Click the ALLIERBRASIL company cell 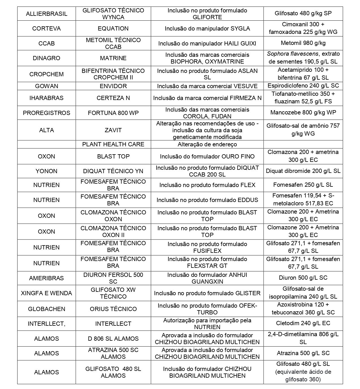click(x=47, y=14)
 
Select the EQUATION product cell click(x=113, y=29)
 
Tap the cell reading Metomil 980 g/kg click(x=303, y=43)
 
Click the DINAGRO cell click(x=47, y=58)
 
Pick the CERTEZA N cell click(x=113, y=98)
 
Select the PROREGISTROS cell click(x=47, y=113)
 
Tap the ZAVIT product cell click(x=113, y=130)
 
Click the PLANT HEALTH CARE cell click(x=113, y=144)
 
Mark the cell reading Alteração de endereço click(x=207, y=144)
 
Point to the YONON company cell click(x=47, y=171)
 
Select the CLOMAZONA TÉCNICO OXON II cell click(x=113, y=232)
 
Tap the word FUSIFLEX click(x=207, y=251)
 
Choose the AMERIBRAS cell click(x=47, y=278)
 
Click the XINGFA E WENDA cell click(x=47, y=293)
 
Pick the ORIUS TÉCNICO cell click(x=113, y=309)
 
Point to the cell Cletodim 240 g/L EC click(x=303, y=323)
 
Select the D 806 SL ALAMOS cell click(x=113, y=339)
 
